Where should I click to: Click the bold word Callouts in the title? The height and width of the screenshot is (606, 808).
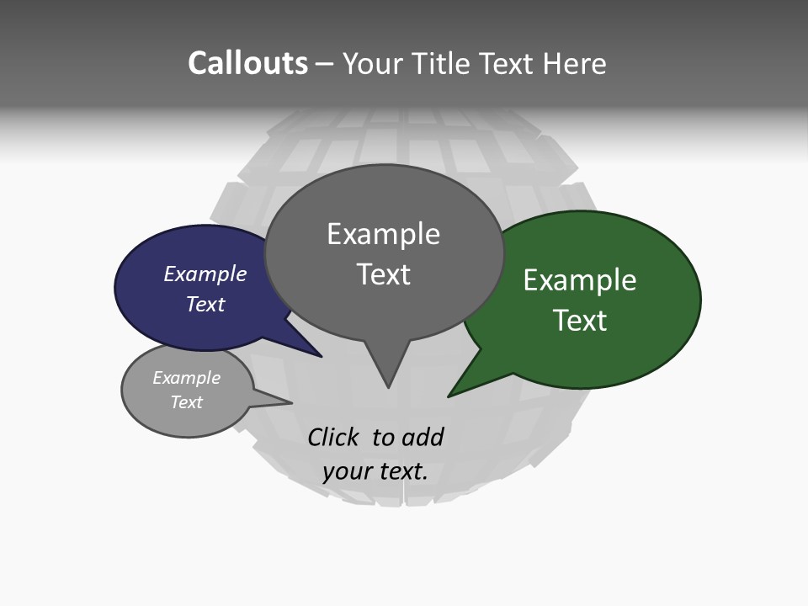pos(247,63)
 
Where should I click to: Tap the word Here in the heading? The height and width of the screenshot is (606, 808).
pos(574,64)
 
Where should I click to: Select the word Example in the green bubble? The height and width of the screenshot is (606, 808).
pos(580,280)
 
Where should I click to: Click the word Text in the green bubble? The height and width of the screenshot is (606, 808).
pos(580,321)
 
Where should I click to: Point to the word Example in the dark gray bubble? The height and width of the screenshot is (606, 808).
pos(383,234)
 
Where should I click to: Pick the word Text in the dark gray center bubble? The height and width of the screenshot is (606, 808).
pos(384,274)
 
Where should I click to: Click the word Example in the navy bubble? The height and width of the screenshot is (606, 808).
pos(205,274)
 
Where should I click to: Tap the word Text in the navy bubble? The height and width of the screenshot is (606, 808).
pos(205,305)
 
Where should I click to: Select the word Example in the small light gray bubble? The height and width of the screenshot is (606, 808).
pos(186,378)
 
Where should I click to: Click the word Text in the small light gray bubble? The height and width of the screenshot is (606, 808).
pos(186,402)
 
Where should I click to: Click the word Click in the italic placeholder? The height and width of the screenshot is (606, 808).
pos(335,438)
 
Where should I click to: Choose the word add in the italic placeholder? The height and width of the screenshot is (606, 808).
pos(423,438)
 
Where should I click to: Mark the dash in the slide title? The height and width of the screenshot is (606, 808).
pos(326,64)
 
